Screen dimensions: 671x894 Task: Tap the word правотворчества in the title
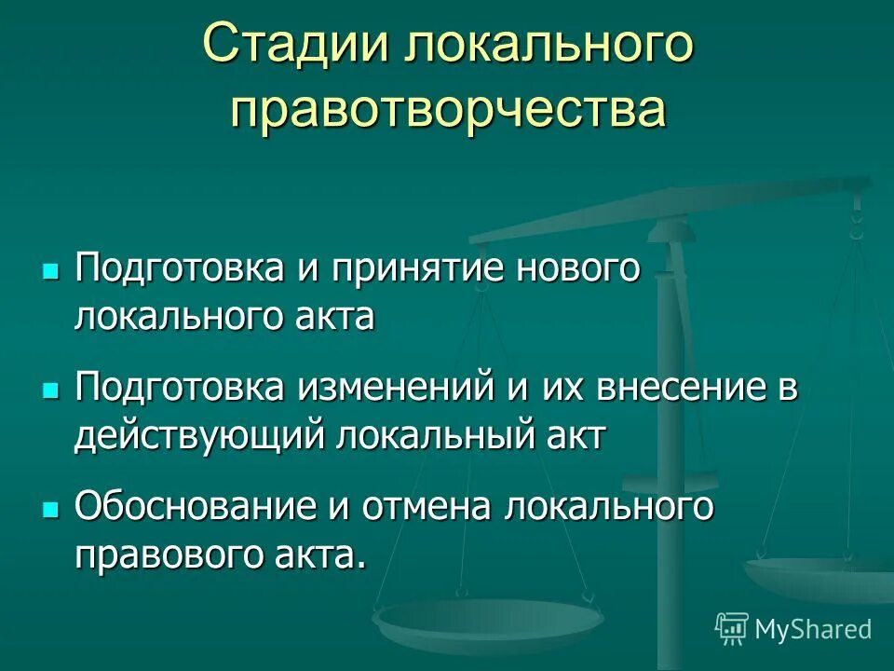(448, 109)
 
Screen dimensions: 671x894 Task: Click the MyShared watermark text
(813, 629)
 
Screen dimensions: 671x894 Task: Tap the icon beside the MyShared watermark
(732, 629)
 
